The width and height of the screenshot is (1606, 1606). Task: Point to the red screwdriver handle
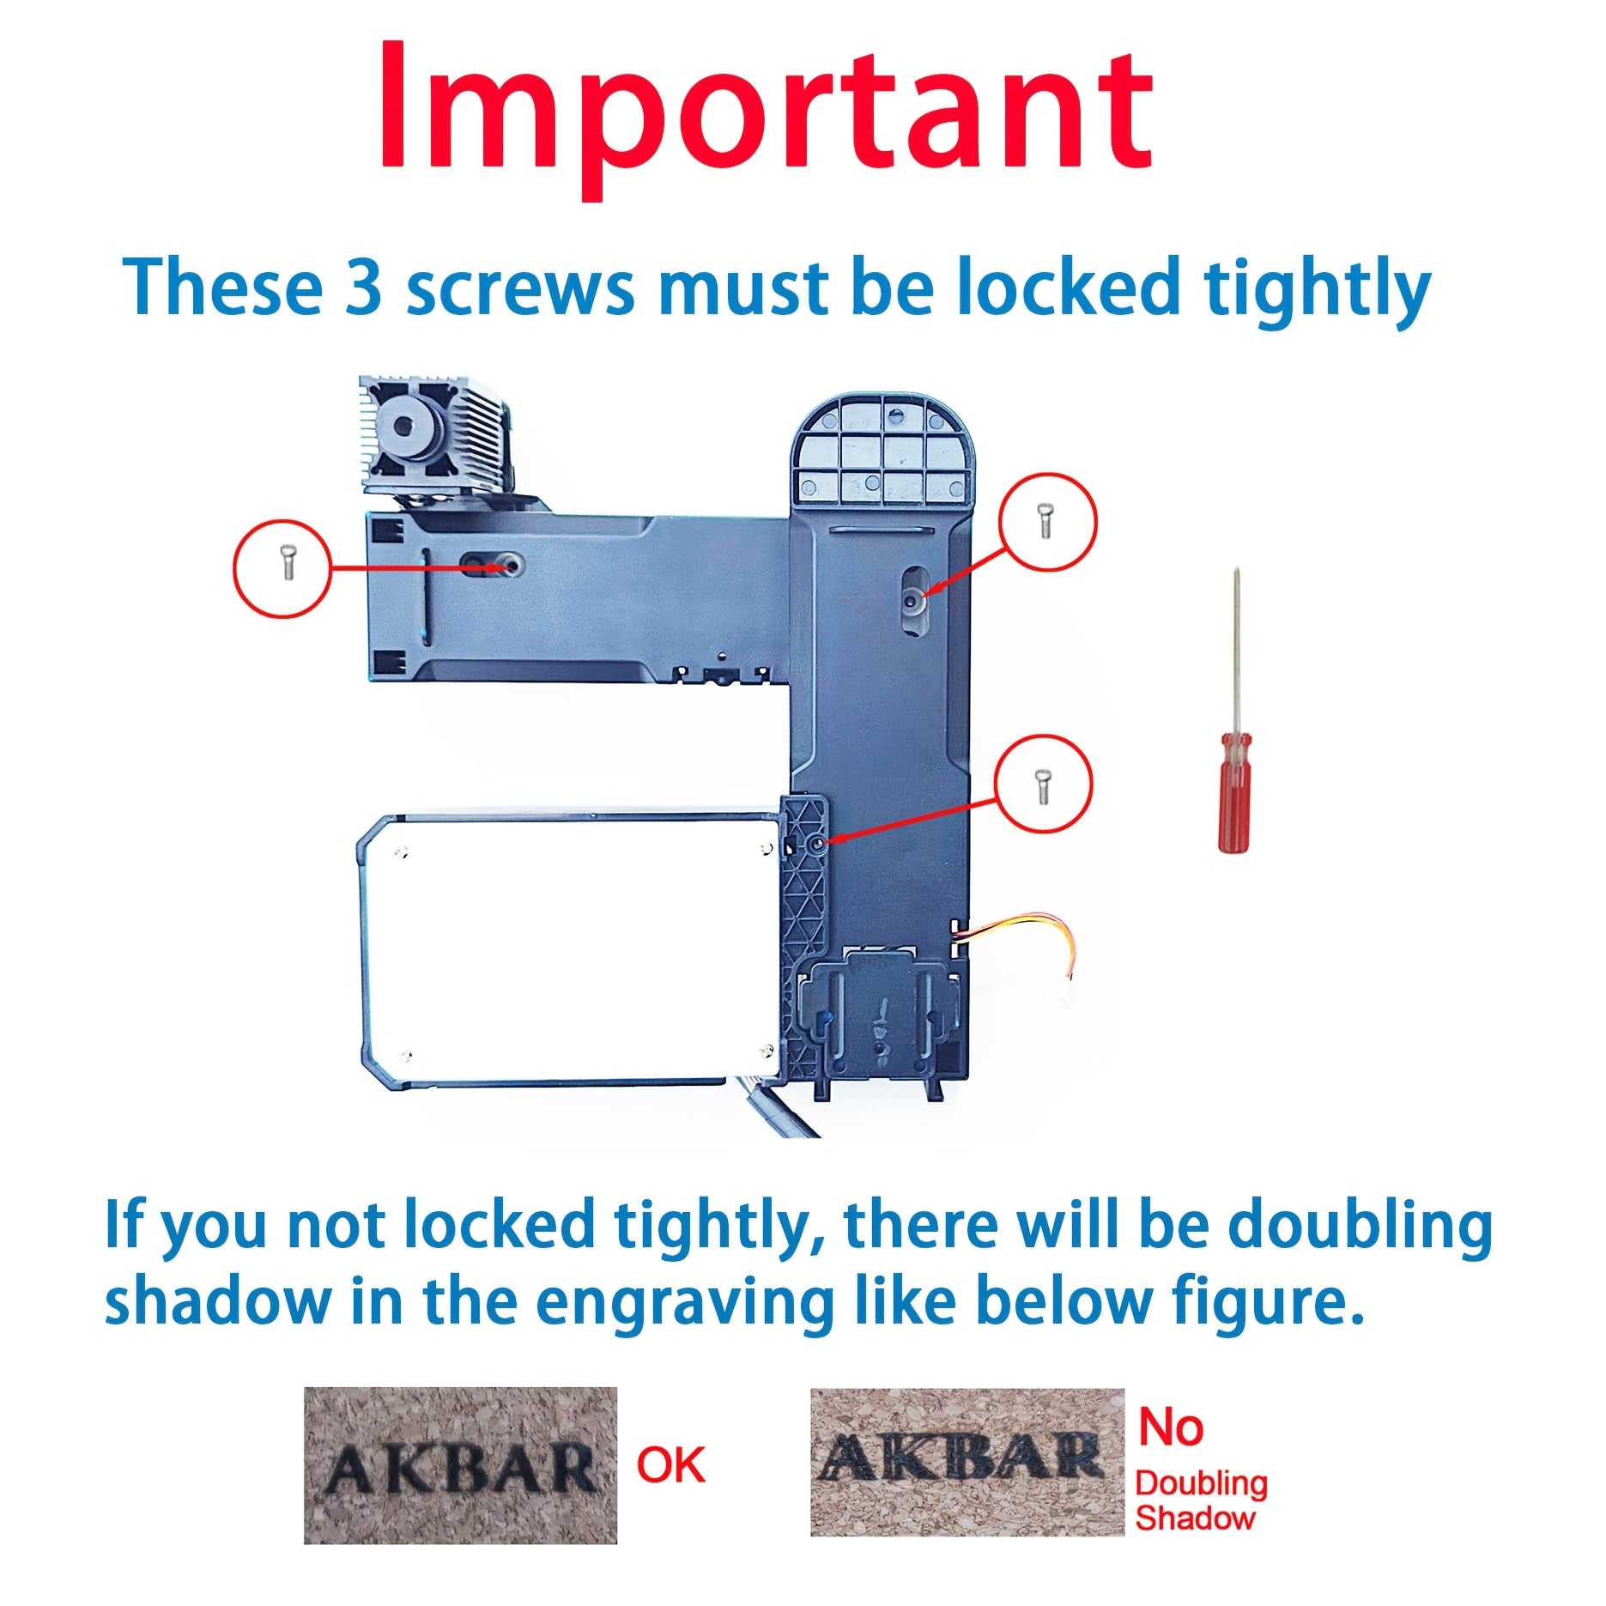tap(1234, 791)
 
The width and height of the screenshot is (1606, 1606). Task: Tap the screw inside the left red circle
tap(287, 563)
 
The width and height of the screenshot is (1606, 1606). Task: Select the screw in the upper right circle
tap(1045, 521)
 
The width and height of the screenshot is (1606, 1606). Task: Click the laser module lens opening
tap(404, 423)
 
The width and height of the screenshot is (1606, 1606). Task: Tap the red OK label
tap(670, 1464)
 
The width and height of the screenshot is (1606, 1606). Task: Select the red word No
tap(1171, 1427)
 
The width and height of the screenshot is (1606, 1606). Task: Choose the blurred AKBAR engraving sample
tap(967, 1462)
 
